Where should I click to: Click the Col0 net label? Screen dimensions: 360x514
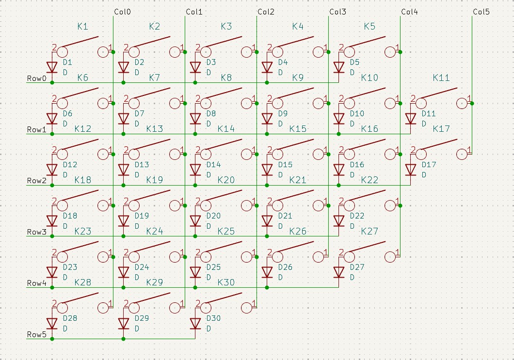click(122, 12)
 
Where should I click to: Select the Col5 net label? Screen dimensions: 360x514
click(481, 12)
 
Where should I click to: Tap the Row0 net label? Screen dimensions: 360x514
click(37, 78)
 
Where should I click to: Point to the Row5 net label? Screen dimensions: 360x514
click(37, 334)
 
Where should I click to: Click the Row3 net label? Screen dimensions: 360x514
click(37, 232)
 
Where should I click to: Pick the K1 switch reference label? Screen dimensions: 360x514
click(83, 27)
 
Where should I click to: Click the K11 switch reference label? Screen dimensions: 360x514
click(441, 78)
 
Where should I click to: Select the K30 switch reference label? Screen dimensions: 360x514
click(226, 282)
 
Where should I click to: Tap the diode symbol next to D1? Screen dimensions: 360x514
click(52, 67)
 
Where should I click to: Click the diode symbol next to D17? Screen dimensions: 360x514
click(411, 169)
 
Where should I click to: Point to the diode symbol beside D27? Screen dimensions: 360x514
click(339, 272)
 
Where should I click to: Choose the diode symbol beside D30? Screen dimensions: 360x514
click(195, 323)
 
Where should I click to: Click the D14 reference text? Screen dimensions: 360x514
click(213, 165)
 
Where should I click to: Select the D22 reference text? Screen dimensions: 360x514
click(357, 216)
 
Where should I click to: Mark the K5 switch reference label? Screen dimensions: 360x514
click(369, 27)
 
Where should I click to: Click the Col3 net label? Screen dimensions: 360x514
click(337, 12)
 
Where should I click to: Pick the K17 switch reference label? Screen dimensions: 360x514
click(441, 129)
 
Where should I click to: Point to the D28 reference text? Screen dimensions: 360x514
click(70, 318)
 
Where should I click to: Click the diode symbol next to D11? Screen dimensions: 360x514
click(411, 118)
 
